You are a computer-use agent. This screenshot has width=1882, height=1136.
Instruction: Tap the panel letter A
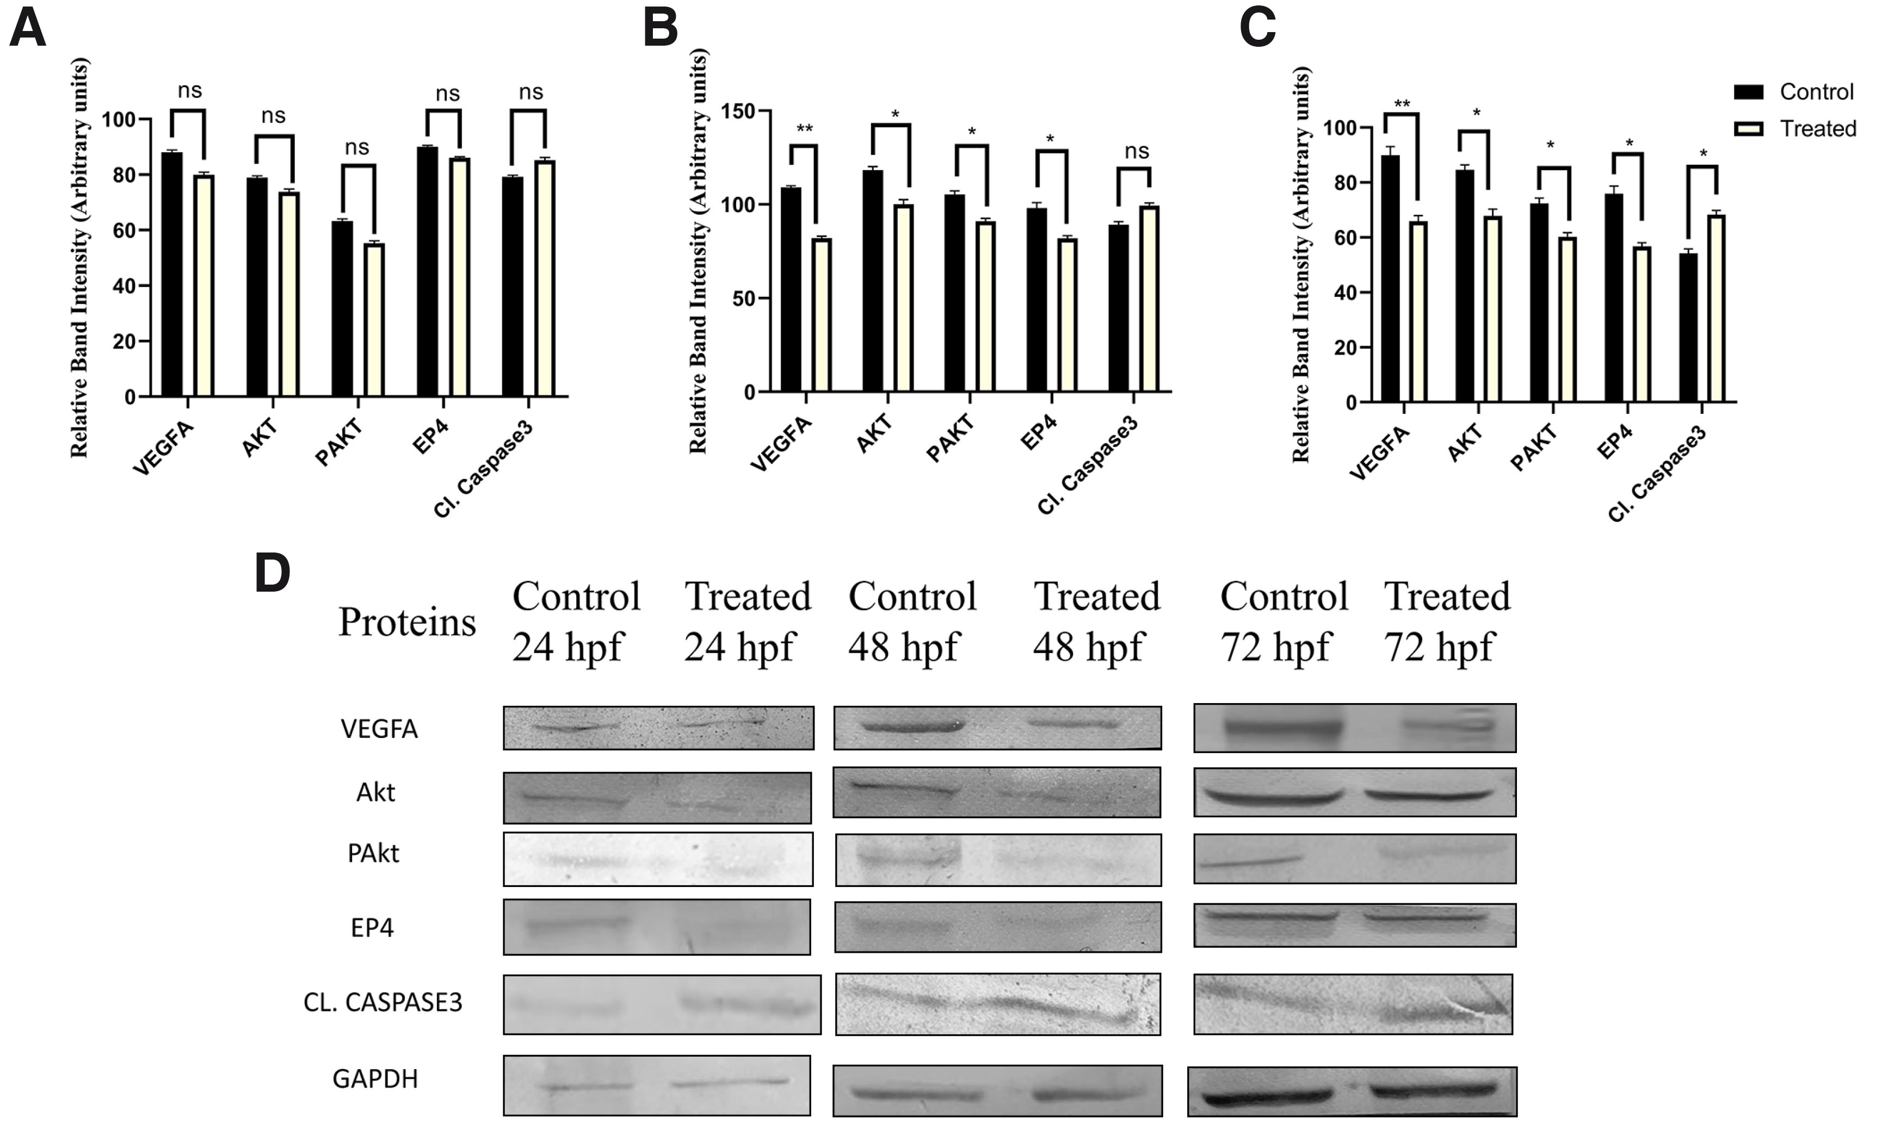[x=28, y=29]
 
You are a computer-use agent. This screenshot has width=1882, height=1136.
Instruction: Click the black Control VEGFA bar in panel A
[x=172, y=275]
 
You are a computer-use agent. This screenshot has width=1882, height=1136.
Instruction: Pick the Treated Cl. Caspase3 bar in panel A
[x=545, y=278]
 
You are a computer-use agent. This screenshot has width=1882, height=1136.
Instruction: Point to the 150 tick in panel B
[x=738, y=112]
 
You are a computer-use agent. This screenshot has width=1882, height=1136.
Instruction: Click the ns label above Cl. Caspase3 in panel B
[x=1137, y=151]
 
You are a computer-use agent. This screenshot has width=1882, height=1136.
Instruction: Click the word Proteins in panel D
[x=407, y=622]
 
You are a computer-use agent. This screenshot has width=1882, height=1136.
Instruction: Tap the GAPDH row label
[x=375, y=1079]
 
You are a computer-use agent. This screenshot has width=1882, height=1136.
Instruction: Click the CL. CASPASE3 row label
[x=382, y=1002]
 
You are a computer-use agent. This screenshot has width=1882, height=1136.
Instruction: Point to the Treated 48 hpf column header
[x=1096, y=620]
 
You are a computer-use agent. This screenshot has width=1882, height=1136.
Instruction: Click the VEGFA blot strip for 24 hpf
[x=658, y=728]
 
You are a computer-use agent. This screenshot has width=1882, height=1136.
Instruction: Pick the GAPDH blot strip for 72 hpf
[x=1352, y=1092]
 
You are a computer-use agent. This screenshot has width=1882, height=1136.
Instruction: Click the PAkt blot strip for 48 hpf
[x=998, y=860]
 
